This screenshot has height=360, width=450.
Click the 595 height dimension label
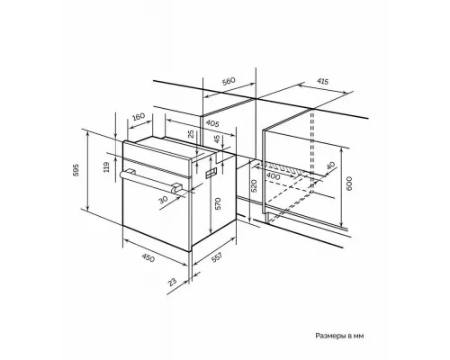pos(76,170)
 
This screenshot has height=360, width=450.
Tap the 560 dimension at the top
pos(229,82)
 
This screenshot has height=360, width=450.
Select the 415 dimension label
pos(322,81)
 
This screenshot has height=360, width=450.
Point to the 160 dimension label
pos(139,116)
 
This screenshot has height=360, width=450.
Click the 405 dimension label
pos(212,123)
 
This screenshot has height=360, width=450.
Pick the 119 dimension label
pos(106,167)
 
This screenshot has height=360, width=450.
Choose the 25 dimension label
pos(191,134)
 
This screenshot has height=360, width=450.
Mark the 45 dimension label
pos(217,139)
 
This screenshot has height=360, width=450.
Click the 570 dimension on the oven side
pos(218,203)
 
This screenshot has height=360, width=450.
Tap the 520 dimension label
pos(254,186)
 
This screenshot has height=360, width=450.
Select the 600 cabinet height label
pos(349,184)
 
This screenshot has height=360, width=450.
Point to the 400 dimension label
pos(273,176)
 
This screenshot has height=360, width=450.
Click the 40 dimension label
pos(330,166)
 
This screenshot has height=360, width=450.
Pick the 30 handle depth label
pos(164,200)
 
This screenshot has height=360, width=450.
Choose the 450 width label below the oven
pos(148,257)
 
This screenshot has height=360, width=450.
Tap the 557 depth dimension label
pos(217,258)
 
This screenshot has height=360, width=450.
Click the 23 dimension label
pos(172,282)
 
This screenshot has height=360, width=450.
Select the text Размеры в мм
pos(339,336)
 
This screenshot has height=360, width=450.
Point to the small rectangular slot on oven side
pos(211,173)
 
